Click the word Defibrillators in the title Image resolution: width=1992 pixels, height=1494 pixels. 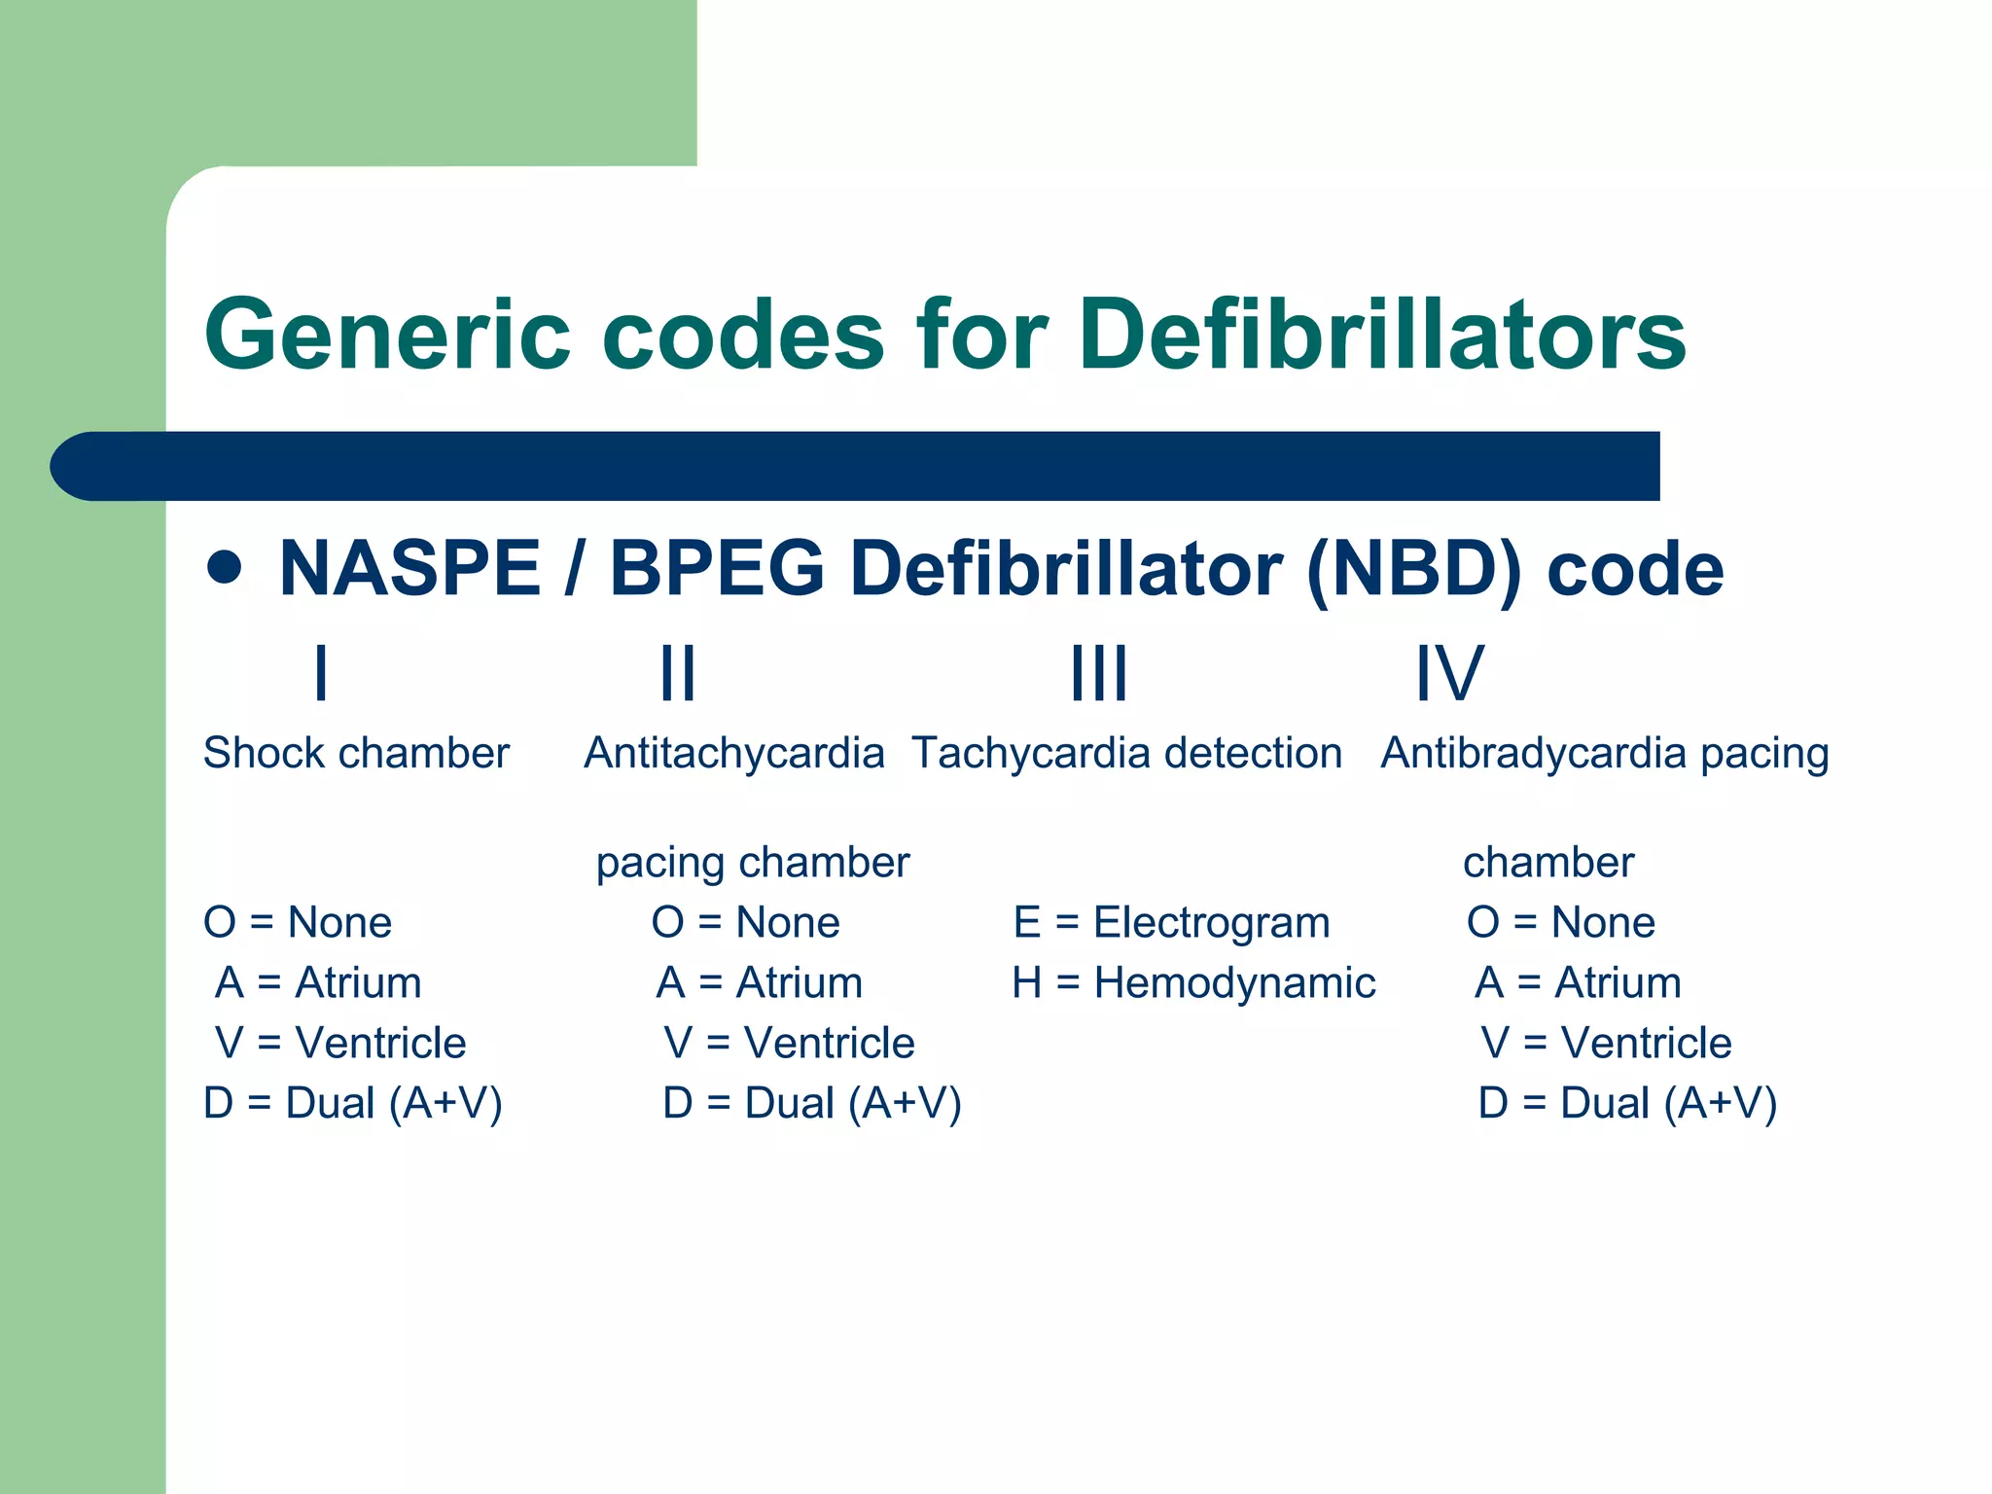(x=1382, y=336)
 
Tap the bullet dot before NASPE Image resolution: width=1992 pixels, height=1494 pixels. (x=225, y=568)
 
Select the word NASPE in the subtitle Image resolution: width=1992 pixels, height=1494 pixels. (x=409, y=569)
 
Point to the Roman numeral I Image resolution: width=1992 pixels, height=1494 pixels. (x=321, y=673)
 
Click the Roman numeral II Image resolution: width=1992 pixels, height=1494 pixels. (x=678, y=673)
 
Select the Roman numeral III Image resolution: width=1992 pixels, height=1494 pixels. (x=1099, y=673)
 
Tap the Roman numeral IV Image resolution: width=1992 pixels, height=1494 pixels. (x=1449, y=673)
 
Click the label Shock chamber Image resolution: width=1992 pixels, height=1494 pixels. (x=356, y=754)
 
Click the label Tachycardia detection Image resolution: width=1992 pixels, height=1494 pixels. (x=1126, y=754)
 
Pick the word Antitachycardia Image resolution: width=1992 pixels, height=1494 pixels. (x=733, y=754)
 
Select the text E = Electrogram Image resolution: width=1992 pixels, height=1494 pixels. (x=1171, y=922)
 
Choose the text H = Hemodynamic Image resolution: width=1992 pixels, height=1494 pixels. (x=1193, y=982)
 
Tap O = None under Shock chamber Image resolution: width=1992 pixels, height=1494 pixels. (x=298, y=922)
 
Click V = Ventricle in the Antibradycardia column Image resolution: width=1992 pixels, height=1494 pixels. (x=1606, y=1043)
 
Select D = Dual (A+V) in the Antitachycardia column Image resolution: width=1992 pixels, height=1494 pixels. (x=812, y=1103)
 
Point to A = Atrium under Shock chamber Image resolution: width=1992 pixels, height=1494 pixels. (x=318, y=982)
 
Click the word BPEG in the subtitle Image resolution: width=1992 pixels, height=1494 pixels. (x=717, y=569)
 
